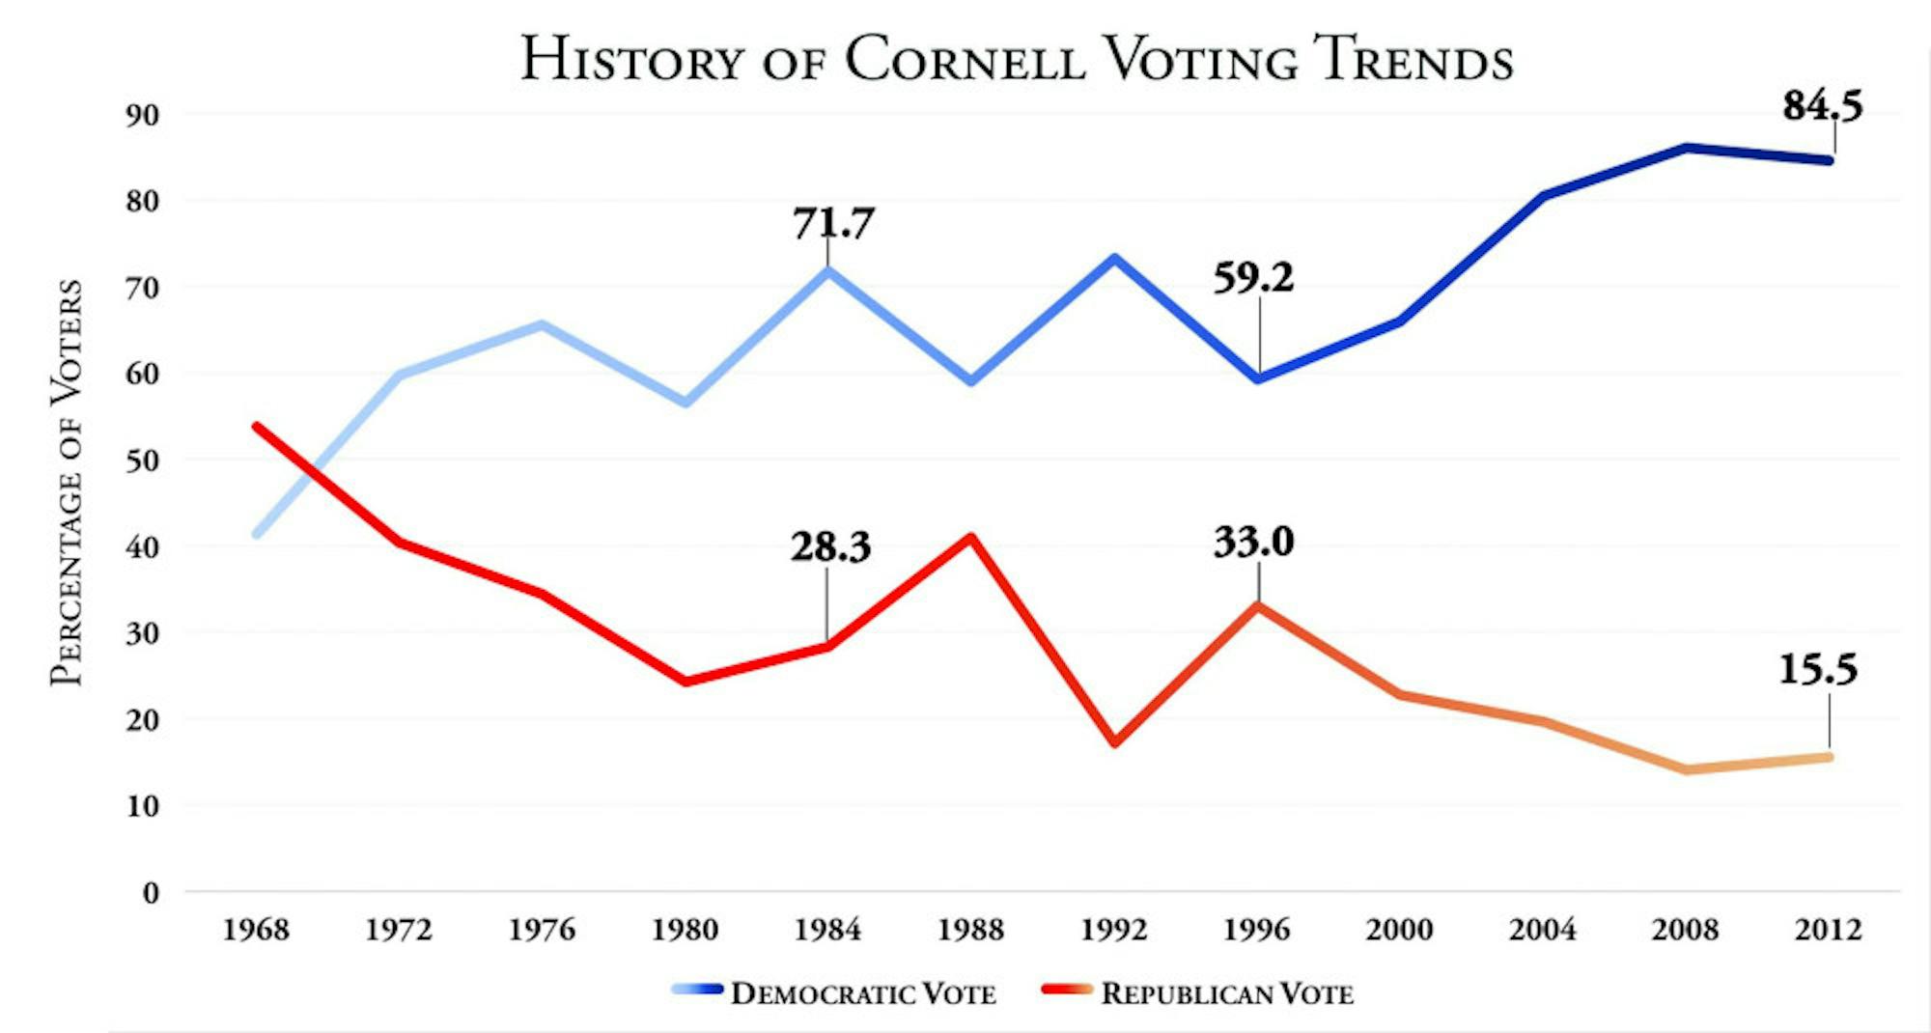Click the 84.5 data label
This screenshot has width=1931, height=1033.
click(x=1822, y=105)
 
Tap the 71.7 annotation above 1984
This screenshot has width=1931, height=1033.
click(x=833, y=223)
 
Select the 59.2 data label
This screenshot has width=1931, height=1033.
click(x=1252, y=278)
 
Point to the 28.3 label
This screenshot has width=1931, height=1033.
click(x=830, y=547)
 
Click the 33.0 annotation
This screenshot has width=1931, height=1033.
click(x=1253, y=542)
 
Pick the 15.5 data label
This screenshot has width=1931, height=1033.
click(x=1818, y=669)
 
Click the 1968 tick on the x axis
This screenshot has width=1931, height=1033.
click(x=256, y=930)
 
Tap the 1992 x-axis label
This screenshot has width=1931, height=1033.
click(x=1113, y=930)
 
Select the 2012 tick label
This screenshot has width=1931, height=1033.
click(x=1828, y=930)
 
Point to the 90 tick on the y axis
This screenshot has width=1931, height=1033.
click(x=142, y=115)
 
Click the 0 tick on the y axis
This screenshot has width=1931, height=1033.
click(x=151, y=893)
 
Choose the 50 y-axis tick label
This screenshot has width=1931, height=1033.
click(x=142, y=461)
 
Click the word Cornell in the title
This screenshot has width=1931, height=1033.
click(x=965, y=60)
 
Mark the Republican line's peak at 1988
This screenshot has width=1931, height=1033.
click(x=971, y=537)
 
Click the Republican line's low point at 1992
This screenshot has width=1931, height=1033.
click(x=1114, y=743)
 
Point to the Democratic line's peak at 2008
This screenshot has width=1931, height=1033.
click(x=1686, y=148)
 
